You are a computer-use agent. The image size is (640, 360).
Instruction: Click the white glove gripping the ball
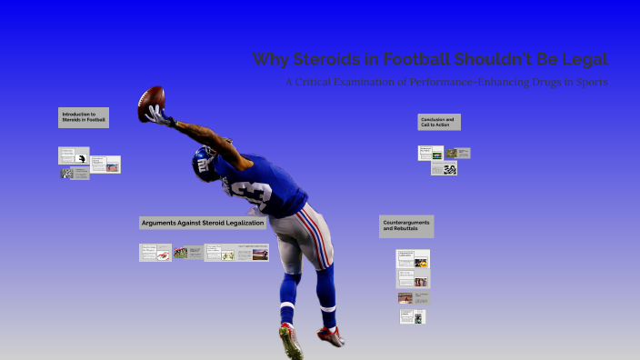pyautogui.click(x=160, y=115)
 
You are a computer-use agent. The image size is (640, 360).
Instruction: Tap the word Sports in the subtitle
pyautogui.click(x=588, y=83)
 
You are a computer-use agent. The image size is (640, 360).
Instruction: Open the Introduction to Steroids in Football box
pyautogui.click(x=84, y=117)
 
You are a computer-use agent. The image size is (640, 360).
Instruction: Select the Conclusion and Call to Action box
pyautogui.click(x=439, y=122)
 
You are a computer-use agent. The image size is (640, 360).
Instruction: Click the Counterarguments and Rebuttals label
pyautogui.click(x=405, y=226)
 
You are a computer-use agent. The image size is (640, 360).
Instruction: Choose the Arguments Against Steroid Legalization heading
pyautogui.click(x=203, y=223)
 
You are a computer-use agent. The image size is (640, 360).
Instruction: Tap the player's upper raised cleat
pyautogui.click(x=331, y=336)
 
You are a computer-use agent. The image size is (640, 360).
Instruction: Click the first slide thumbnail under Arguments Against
pyautogui.click(x=155, y=252)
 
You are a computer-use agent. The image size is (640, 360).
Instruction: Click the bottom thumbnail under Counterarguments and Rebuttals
pyautogui.click(x=412, y=316)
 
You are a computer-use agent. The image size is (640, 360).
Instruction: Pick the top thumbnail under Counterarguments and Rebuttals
pyautogui.click(x=413, y=258)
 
